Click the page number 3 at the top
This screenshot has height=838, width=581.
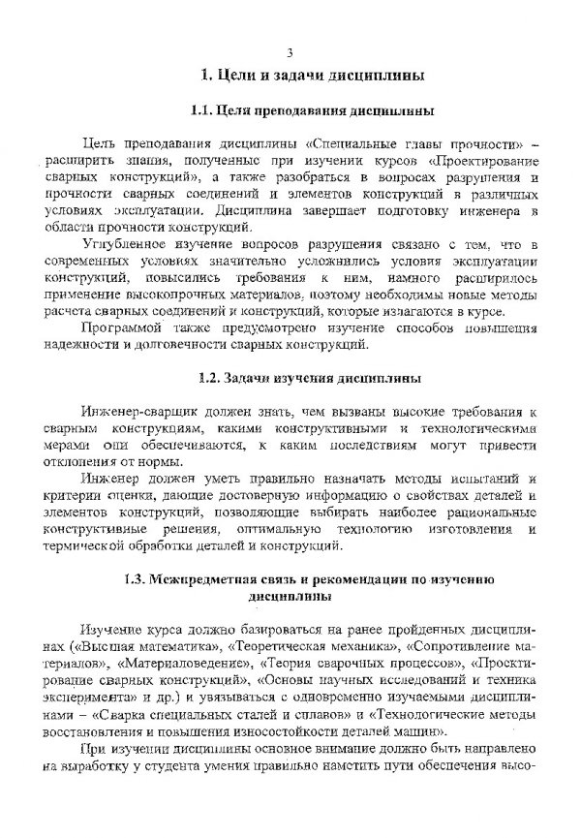point(290,51)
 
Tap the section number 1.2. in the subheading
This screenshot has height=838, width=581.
point(209,376)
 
